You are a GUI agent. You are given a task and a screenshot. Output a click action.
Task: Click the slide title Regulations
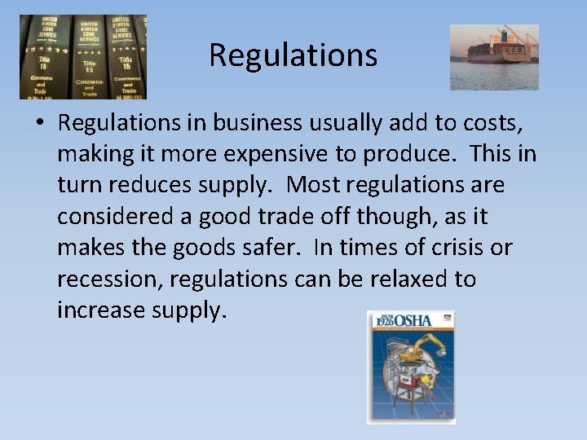[x=293, y=55]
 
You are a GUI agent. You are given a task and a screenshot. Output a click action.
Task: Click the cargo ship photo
[x=494, y=56]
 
